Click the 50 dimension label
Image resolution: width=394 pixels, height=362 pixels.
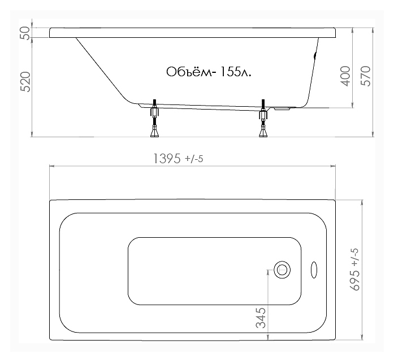(26, 33)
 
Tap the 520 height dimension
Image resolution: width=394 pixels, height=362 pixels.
(25, 81)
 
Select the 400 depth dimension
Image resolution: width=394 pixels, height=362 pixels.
(345, 76)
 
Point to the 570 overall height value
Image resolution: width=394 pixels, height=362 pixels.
(366, 76)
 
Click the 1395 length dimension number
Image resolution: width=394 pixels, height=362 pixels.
(167, 159)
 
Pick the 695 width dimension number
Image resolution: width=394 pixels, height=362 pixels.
(356, 280)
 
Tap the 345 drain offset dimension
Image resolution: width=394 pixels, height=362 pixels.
(261, 318)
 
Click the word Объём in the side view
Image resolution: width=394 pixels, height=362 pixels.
(189, 72)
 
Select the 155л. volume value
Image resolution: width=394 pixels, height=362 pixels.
(236, 72)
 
